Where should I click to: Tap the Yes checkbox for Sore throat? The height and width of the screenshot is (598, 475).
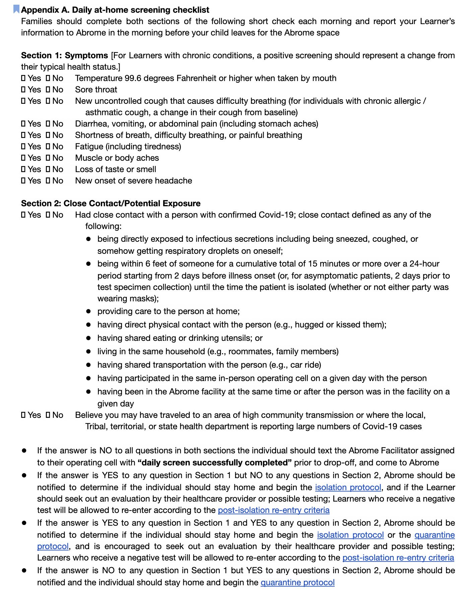click(23, 90)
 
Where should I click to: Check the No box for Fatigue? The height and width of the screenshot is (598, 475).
click(48, 147)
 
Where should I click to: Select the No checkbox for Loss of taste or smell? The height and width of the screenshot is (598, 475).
click(48, 169)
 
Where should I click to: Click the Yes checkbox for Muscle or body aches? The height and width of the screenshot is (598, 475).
click(23, 158)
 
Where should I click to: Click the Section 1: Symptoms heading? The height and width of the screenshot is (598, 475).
click(64, 56)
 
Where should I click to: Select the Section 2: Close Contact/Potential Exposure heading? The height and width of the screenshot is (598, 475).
click(111, 204)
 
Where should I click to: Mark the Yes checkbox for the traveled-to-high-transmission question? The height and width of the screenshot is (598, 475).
click(23, 415)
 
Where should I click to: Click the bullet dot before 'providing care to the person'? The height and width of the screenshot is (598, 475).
click(88, 311)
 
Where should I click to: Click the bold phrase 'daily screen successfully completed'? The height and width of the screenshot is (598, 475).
click(214, 463)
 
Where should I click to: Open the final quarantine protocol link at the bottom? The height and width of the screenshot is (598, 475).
click(297, 583)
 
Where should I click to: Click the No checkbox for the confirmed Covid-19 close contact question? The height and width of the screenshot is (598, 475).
click(48, 215)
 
